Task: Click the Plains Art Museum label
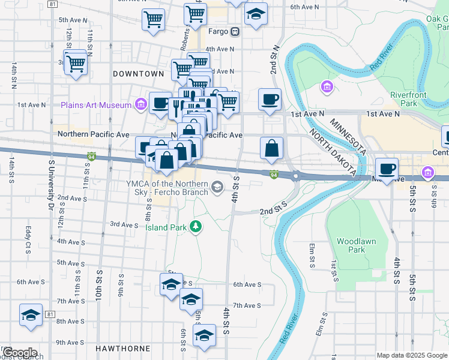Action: click(96, 106)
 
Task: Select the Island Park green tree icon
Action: click(195, 226)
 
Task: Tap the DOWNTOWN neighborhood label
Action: click(138, 74)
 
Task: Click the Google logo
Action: click(20, 353)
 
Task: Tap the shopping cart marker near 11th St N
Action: click(76, 63)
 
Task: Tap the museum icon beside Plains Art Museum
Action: click(140, 106)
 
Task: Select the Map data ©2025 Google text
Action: click(411, 355)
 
